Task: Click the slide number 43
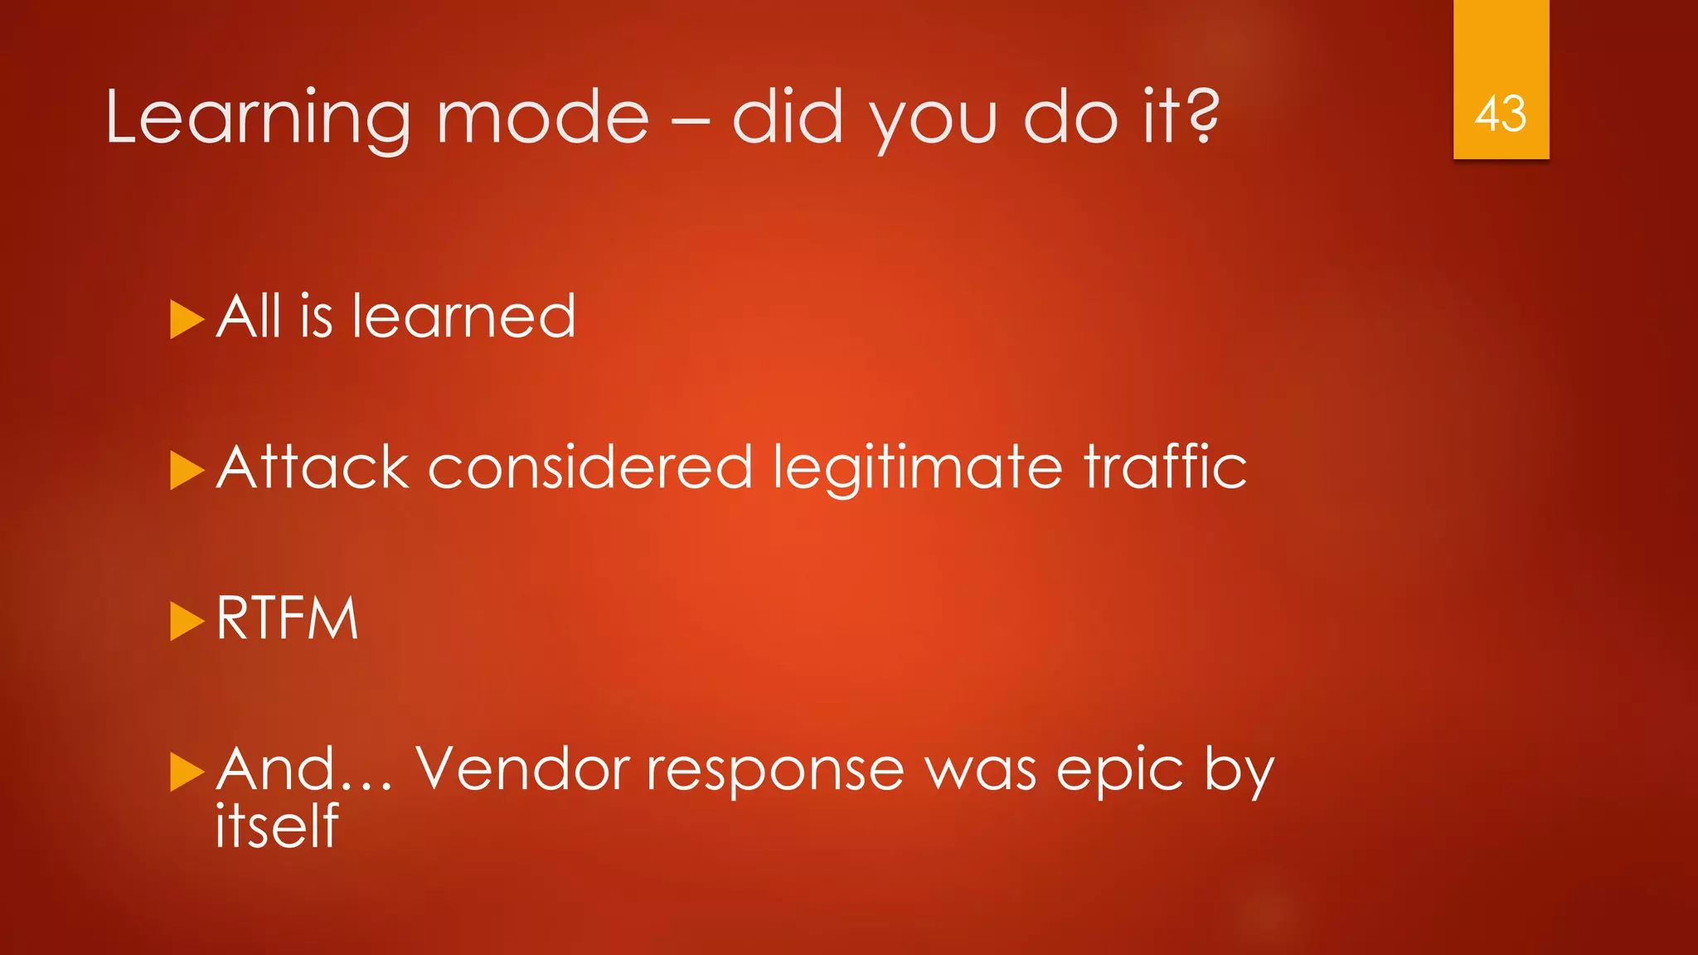[1500, 114]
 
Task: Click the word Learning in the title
[257, 118]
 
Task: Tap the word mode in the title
[542, 118]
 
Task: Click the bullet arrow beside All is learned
[187, 319]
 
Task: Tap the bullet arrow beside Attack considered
[187, 470]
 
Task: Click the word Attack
[313, 468]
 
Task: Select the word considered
[589, 468]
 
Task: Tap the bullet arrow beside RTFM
[187, 621]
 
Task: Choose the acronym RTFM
[287, 618]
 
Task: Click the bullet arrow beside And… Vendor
[187, 772]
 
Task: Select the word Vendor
[522, 769]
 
